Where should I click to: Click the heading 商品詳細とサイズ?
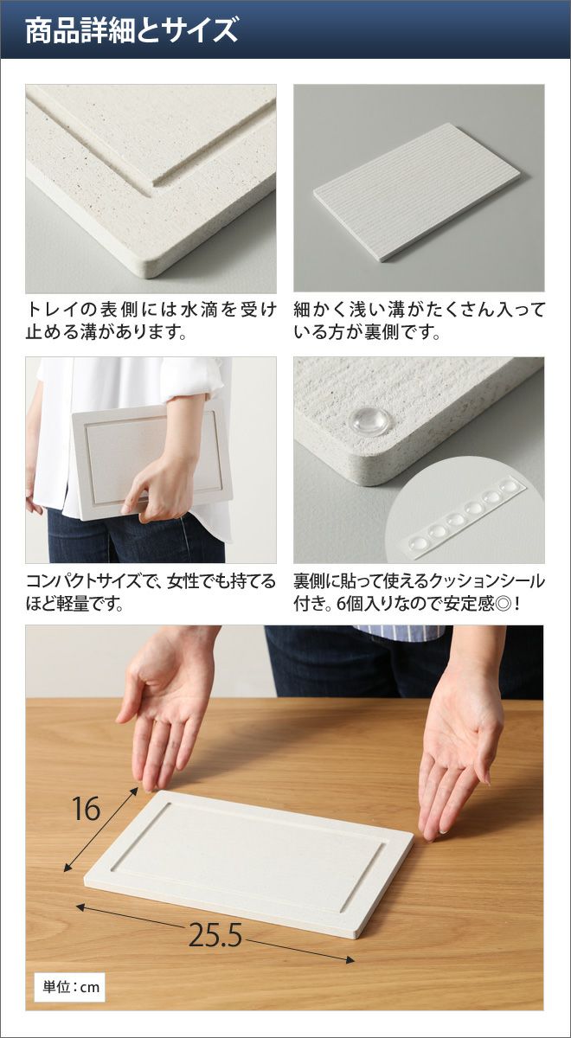132,30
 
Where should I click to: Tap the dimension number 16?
87,809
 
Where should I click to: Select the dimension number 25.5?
215,922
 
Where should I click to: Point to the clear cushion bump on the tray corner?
369,420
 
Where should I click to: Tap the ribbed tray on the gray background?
417,192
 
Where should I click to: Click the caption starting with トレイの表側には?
151,321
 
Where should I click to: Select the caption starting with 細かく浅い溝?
419,321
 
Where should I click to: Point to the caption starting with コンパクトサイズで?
151,593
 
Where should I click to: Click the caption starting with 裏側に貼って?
419,593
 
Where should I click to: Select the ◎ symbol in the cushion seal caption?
504,605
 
